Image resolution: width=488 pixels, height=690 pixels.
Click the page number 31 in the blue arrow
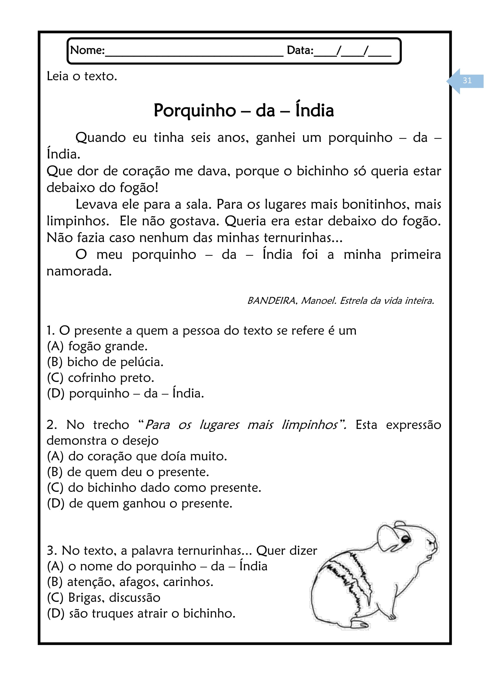point(467,81)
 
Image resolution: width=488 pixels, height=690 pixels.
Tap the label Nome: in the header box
point(87,50)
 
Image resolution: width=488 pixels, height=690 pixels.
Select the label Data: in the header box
point(300,50)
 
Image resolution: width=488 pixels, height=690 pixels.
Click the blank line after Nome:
point(194,54)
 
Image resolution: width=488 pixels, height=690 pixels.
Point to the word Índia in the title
point(314,110)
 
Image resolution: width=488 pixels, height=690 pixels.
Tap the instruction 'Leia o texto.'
point(82,76)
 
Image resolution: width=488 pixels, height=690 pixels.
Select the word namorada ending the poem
point(79,271)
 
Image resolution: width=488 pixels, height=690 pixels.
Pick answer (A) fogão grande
point(97,346)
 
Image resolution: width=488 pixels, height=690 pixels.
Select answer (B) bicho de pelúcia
point(105,362)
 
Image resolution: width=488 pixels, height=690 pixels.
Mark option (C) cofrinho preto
point(100,378)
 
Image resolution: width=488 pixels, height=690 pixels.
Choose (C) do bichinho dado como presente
point(154,487)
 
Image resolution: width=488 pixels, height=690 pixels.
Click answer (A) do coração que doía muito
point(137,456)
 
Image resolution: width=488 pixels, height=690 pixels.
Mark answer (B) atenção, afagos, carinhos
point(130,582)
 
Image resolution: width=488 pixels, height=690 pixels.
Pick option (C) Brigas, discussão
point(103,597)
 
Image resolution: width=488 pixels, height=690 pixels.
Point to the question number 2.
point(51,425)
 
